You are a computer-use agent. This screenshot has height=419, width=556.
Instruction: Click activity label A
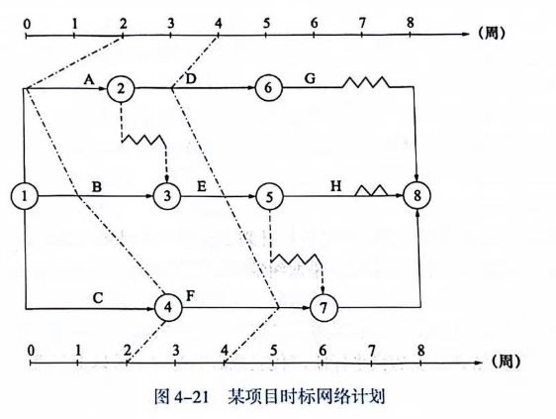(89, 79)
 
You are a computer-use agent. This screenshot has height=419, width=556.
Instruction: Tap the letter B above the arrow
(97, 187)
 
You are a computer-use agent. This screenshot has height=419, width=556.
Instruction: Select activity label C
(98, 297)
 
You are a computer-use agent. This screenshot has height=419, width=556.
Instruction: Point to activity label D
(191, 79)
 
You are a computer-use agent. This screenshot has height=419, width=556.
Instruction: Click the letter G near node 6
(310, 78)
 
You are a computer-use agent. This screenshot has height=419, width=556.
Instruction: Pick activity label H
(335, 185)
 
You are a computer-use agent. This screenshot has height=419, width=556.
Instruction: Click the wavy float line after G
(366, 82)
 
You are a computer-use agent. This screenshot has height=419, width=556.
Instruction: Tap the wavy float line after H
(371, 191)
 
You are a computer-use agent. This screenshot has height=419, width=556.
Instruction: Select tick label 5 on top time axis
(266, 24)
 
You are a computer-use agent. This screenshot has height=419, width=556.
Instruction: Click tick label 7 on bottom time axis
(371, 351)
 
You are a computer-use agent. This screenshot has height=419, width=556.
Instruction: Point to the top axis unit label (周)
(492, 34)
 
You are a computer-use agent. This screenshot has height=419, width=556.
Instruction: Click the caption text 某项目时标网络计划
(307, 396)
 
